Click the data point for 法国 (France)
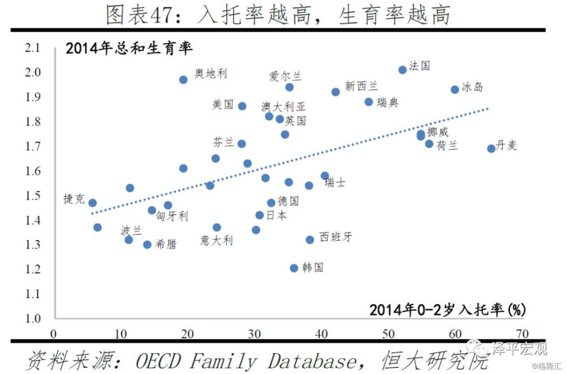[x=402, y=70]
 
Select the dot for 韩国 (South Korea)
[x=294, y=268]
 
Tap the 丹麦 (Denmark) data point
[x=491, y=148]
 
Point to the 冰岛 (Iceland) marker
[x=454, y=89]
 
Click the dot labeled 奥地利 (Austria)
[x=183, y=80]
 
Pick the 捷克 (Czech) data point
[x=92, y=203]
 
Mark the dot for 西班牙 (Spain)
[x=310, y=239]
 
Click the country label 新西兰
[x=361, y=86]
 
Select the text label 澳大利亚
[x=283, y=106]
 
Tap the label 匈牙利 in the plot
[x=172, y=216]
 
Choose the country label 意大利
[x=216, y=240]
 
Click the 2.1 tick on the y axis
[x=33, y=49]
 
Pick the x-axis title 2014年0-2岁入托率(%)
[x=448, y=309]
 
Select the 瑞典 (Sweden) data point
[x=369, y=102]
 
